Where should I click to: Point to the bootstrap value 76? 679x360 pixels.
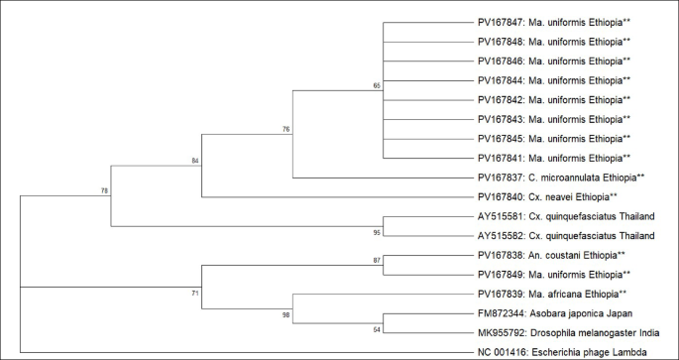pyautogui.click(x=285, y=130)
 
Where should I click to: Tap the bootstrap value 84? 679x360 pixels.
pyautogui.click(x=195, y=160)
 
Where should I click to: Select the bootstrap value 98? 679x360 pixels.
pyautogui.click(x=285, y=315)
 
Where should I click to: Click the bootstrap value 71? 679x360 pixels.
pyautogui.click(x=195, y=294)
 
